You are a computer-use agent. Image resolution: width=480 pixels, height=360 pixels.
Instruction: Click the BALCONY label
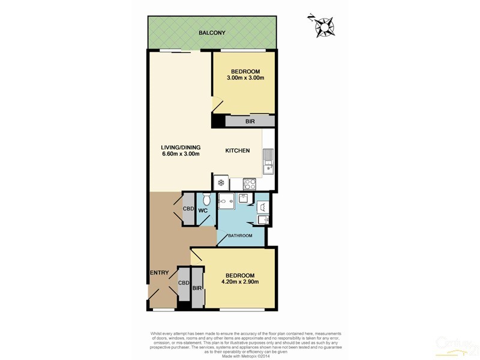(212, 33)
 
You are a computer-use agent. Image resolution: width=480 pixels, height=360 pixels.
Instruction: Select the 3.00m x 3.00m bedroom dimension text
(245, 78)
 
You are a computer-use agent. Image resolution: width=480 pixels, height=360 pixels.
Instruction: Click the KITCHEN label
(237, 151)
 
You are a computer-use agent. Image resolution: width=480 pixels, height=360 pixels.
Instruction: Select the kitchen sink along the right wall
(268, 160)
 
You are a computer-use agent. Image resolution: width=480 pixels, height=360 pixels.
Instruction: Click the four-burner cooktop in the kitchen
(250, 184)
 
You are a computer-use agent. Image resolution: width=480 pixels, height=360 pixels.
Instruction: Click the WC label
(203, 211)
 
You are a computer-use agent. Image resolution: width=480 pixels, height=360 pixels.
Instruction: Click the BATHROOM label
(239, 236)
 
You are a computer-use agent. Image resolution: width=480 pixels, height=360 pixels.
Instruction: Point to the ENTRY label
(160, 273)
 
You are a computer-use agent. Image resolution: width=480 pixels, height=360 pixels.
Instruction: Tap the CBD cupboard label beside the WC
(187, 208)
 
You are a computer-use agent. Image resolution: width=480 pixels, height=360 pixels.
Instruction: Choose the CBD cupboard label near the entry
(184, 283)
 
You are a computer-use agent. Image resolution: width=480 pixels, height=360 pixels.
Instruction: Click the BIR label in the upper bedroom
(249, 121)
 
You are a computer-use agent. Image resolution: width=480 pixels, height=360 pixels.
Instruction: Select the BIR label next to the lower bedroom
(197, 289)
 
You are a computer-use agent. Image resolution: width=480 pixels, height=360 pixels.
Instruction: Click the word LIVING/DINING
(180, 148)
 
